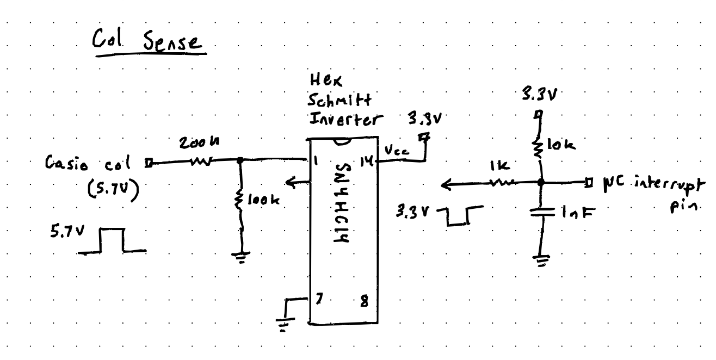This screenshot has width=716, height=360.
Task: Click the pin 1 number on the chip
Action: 317,162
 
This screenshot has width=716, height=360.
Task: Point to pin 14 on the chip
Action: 368,161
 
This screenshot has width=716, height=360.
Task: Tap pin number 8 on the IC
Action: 362,301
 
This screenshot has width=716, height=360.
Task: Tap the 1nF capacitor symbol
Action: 541,213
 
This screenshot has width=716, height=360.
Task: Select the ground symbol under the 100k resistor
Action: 242,257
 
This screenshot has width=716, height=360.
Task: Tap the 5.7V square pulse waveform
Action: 112,241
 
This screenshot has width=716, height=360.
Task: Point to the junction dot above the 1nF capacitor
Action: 541,183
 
